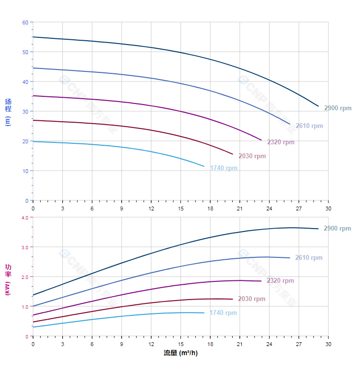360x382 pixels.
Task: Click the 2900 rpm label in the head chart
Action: (x=337, y=108)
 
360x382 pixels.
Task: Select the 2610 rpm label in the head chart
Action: (x=309, y=126)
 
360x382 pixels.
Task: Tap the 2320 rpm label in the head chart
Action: (x=281, y=142)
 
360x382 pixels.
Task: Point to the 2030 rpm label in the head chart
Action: (x=252, y=156)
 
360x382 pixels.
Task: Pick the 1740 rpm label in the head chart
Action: (x=224, y=168)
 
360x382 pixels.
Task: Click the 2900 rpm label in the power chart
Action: (x=337, y=229)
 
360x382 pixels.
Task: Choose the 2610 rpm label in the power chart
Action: (x=309, y=258)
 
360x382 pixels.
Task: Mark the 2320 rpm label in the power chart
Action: (x=280, y=281)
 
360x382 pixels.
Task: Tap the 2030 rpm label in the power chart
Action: (x=251, y=299)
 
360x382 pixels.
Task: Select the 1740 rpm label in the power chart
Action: (x=223, y=313)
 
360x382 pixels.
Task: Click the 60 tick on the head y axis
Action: (x=25, y=23)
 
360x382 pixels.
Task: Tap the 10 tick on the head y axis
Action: (x=25, y=171)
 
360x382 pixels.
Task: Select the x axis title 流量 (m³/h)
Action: (x=180, y=353)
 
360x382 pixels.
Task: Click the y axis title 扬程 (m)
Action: (x=8, y=112)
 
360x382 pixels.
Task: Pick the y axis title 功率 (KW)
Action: (x=8, y=279)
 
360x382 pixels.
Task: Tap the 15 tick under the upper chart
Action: (x=180, y=208)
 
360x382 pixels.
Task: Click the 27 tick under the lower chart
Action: (x=299, y=344)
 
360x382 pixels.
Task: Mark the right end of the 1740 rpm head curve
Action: (x=204, y=166)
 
